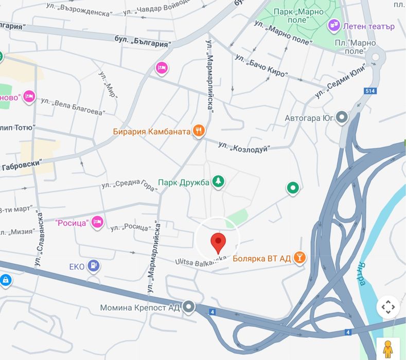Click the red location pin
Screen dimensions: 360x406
pyautogui.click(x=219, y=242)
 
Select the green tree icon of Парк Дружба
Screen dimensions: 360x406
pyautogui.click(x=219, y=181)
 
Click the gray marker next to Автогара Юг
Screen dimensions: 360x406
pyautogui.click(x=342, y=118)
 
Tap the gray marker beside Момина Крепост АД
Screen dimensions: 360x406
pyautogui.click(x=189, y=307)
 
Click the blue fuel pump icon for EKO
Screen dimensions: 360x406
pyautogui.click(x=93, y=265)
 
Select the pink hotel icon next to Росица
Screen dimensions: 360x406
pyautogui.click(x=97, y=222)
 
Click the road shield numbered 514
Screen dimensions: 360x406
pyautogui.click(x=371, y=91)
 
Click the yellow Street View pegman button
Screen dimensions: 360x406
pyautogui.click(x=387, y=349)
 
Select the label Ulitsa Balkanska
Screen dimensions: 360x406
pyautogui.click(x=201, y=262)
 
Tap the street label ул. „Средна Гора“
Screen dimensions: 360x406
pyautogui.click(x=129, y=186)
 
